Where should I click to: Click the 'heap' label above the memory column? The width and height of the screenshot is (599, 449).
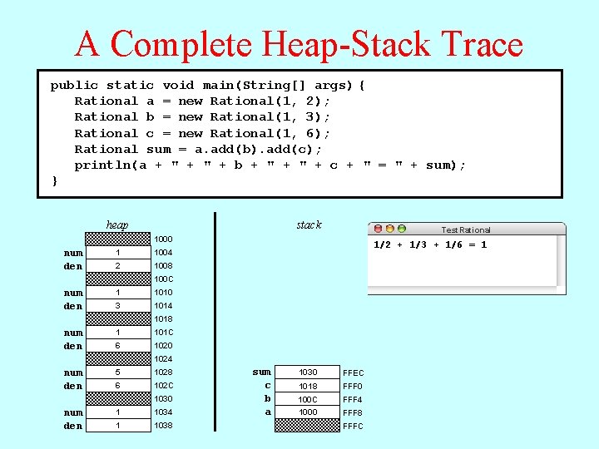pos(117,225)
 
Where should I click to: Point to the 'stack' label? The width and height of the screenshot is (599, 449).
pos(309,225)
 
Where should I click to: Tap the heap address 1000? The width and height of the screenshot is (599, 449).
pos(163,239)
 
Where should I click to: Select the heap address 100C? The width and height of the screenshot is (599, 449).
pos(163,279)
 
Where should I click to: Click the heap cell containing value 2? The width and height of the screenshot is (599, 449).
pos(118,266)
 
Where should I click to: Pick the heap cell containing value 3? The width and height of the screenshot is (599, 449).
pos(118,306)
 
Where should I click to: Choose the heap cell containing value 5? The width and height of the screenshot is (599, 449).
pos(118,373)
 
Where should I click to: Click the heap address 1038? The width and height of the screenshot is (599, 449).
pos(163,426)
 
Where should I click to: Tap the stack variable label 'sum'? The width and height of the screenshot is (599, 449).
pos(262,373)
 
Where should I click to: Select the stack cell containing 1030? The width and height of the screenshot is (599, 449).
pos(308,373)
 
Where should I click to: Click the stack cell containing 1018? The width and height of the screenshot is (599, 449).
pos(308,386)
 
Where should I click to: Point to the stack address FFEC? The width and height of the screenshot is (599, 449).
pos(353,373)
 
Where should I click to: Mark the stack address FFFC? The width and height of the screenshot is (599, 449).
pos(353,427)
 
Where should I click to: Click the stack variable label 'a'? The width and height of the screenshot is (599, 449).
pos(268,412)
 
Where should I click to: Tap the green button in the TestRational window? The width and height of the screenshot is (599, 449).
pos(402,229)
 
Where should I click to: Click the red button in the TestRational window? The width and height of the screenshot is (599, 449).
pos(379,229)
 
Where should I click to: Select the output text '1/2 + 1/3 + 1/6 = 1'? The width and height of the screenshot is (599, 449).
pos(430,244)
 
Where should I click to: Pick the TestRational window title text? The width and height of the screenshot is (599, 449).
pos(466,229)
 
